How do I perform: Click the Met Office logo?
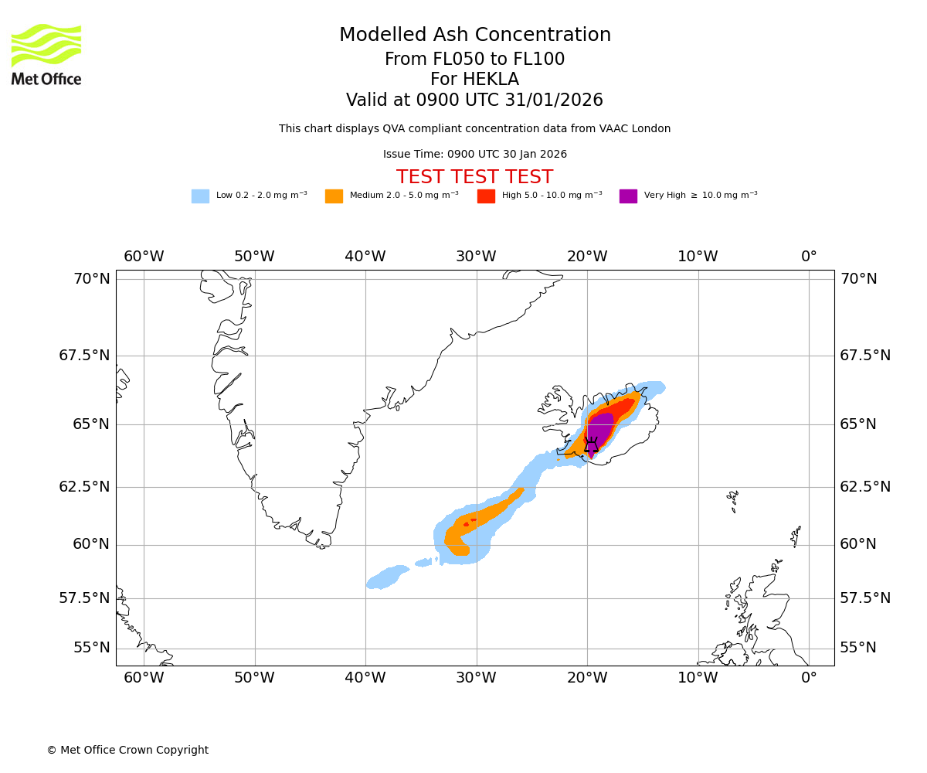[x=46, y=54]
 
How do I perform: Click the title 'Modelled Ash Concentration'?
[x=474, y=36]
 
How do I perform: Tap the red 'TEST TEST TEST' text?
[x=474, y=178]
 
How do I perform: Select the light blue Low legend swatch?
[x=200, y=196]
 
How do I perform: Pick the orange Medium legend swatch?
[x=334, y=196]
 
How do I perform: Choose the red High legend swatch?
[x=486, y=196]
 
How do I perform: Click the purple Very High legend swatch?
[x=628, y=196]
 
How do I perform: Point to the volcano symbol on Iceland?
[x=591, y=444]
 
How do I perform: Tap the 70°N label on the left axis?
[x=92, y=279]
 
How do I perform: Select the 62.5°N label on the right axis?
[x=865, y=487]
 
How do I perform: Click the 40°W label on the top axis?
[x=365, y=257]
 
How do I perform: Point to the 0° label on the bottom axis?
[x=809, y=679]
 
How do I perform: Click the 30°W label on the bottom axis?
[x=476, y=679]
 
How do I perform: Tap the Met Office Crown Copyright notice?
[x=127, y=751]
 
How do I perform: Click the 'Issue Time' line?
[x=474, y=155]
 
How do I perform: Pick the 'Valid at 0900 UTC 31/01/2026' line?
[x=474, y=100]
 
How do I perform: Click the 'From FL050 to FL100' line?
[x=474, y=60]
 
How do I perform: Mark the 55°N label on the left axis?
[x=92, y=648]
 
